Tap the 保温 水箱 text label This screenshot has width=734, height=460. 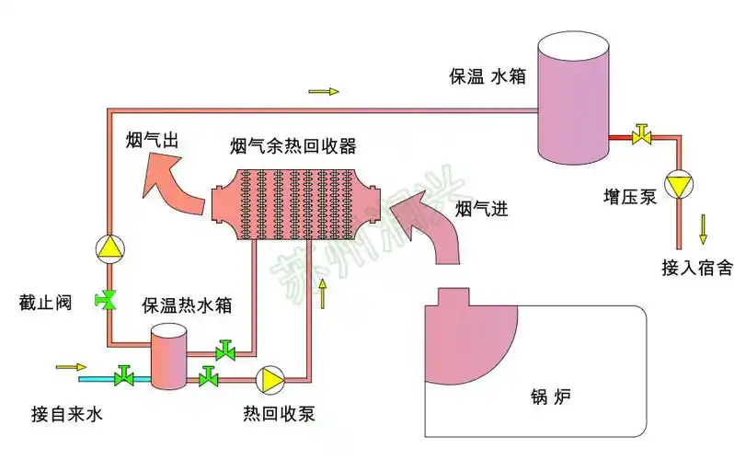point(486,76)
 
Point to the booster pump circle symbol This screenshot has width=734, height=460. point(679,186)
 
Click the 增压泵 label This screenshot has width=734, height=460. point(630,196)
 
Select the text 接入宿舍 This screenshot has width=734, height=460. point(696,268)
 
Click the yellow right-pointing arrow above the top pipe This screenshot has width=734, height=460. point(324,92)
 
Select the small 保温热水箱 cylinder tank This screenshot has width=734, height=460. point(168,357)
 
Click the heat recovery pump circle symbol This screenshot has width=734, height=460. point(270,378)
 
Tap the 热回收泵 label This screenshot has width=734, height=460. point(279,413)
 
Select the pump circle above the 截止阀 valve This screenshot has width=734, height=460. point(109,247)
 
